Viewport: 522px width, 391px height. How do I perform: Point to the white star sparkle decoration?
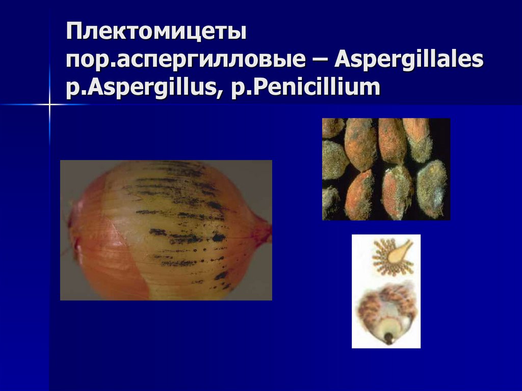(x=50, y=105)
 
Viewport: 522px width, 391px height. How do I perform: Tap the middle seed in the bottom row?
(x=396, y=193)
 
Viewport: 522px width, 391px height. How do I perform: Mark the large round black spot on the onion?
(x=219, y=237)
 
